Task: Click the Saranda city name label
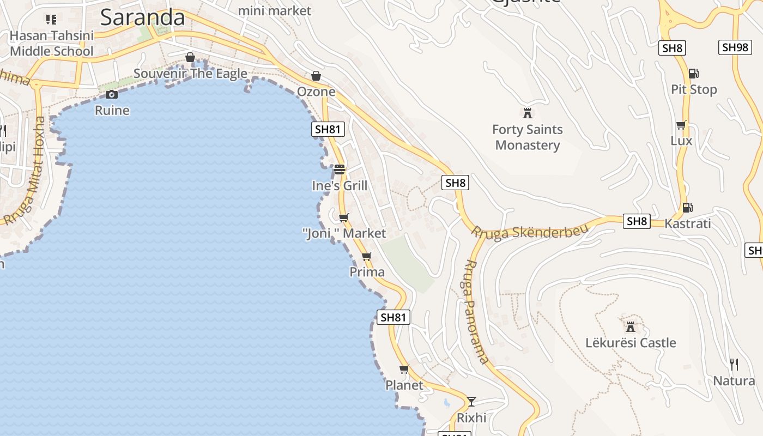(x=143, y=17)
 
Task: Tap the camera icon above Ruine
(x=112, y=95)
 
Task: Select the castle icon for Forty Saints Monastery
(x=527, y=113)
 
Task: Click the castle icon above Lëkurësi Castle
(x=631, y=327)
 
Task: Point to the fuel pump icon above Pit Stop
(x=693, y=73)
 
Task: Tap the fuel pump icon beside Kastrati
(x=687, y=207)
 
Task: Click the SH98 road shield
(x=735, y=47)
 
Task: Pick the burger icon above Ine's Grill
(x=340, y=169)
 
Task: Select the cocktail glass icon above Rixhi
(x=471, y=402)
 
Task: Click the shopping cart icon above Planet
(x=404, y=370)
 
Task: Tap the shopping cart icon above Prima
(x=366, y=256)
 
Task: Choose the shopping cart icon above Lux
(x=681, y=125)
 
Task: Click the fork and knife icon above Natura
(x=734, y=364)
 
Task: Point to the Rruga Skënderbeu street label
(x=530, y=232)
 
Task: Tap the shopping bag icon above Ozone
(x=316, y=76)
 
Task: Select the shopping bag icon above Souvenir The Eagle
(x=190, y=57)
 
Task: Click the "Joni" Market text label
(x=344, y=233)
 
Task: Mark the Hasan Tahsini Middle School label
(x=52, y=44)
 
